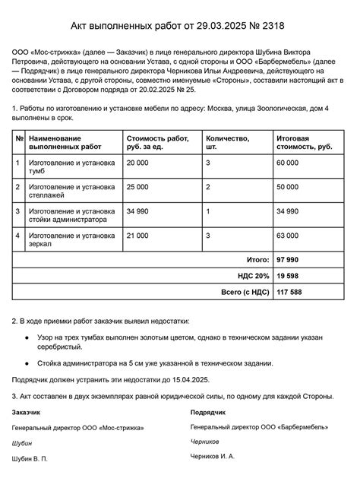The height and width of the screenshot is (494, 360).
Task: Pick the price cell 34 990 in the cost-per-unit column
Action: point(138,211)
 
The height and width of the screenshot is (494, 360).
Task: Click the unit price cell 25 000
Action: point(138,186)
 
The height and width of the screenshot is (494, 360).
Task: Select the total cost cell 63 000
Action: point(288,236)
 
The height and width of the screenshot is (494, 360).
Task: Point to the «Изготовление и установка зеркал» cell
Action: point(71,240)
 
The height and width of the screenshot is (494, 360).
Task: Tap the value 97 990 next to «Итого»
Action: point(289,260)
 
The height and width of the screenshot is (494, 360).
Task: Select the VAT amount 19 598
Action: point(289,276)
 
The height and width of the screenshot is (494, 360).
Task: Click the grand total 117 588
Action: point(290,292)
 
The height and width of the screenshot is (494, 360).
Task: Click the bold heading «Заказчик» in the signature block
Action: point(27,413)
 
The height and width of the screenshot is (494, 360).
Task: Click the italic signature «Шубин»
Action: point(22,443)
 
